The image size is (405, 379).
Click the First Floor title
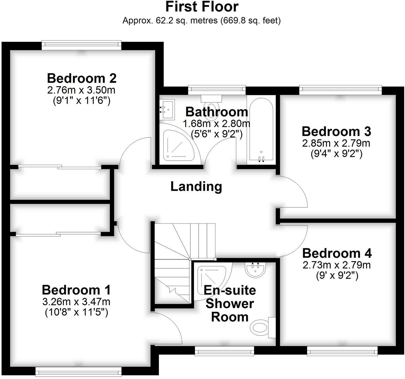[202, 6]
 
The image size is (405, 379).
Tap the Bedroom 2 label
[82, 78]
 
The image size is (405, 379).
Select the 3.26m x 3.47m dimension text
[76, 302]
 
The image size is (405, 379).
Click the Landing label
[196, 187]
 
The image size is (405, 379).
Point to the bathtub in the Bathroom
[261, 129]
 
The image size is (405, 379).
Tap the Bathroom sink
[167, 109]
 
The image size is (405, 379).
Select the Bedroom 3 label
[336, 132]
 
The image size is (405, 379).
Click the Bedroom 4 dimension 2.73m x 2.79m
[336, 265]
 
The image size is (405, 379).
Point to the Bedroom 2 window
[82, 44]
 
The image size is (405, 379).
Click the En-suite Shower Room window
[224, 350]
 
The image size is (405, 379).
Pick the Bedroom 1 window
[78, 371]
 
